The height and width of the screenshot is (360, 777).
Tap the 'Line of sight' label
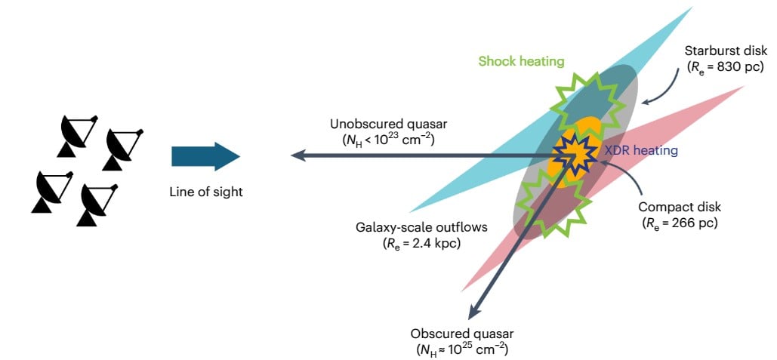[206, 192]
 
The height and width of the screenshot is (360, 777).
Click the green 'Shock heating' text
[521, 61]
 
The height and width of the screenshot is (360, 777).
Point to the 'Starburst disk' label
[725, 51]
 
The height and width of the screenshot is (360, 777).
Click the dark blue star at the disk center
[577, 155]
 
